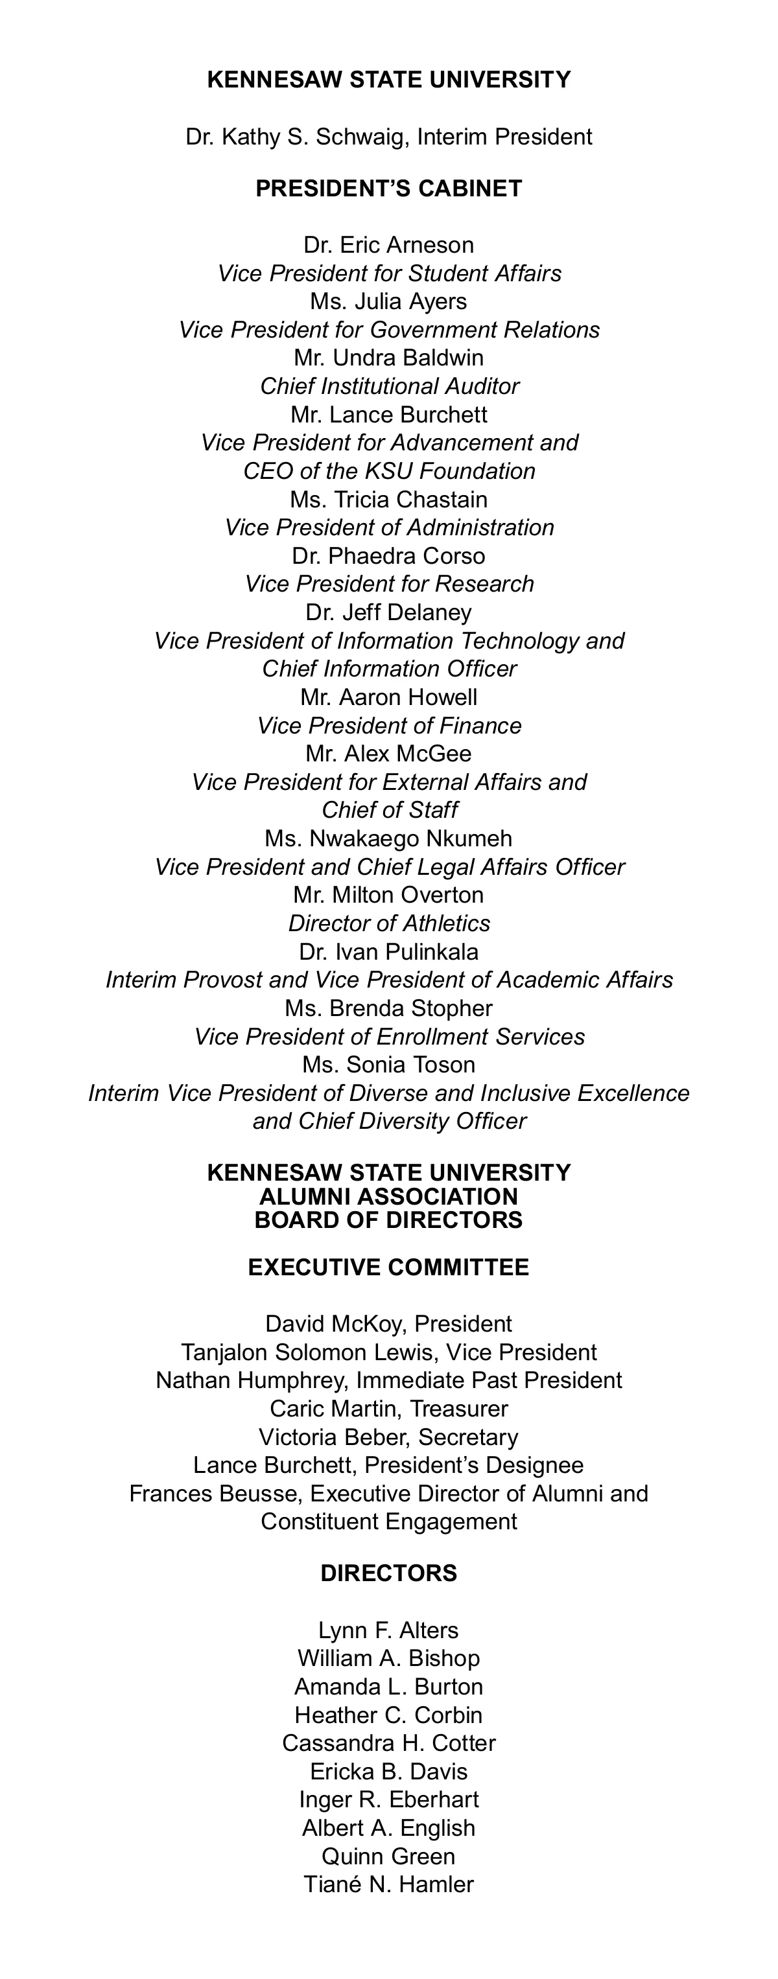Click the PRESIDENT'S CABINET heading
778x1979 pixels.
[x=388, y=189]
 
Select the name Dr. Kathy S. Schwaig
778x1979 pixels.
[x=300, y=137]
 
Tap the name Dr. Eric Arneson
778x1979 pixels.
[x=388, y=245]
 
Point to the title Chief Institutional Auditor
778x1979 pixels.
[x=388, y=386]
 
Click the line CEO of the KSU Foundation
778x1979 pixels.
[x=388, y=471]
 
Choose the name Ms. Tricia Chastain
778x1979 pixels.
[x=388, y=500]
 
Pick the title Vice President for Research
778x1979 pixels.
[x=388, y=584]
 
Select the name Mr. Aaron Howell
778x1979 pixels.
[x=388, y=697]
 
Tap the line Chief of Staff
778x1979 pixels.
[x=388, y=811]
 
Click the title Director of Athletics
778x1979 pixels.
[x=388, y=923]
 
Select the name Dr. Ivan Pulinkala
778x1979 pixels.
[x=388, y=952]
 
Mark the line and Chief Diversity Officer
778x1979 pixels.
[x=388, y=1122]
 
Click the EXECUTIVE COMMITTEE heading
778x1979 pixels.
[x=388, y=1267]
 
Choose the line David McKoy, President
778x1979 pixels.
[x=388, y=1325]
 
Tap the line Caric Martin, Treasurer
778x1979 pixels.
[x=388, y=1409]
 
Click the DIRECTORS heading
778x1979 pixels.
[x=388, y=1573]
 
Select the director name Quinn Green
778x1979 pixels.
[x=388, y=1857]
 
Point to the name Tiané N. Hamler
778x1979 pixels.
[x=388, y=1885]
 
